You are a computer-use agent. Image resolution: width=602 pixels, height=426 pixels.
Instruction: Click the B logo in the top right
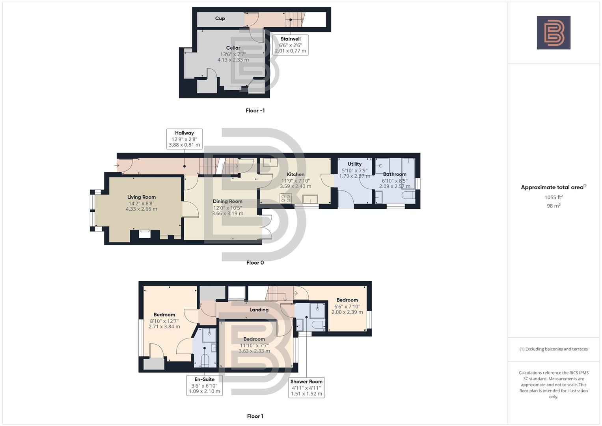click(553, 33)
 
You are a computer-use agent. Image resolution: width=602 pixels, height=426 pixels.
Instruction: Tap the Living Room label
click(141, 197)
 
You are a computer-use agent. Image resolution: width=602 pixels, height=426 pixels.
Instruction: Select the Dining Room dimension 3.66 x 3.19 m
click(227, 213)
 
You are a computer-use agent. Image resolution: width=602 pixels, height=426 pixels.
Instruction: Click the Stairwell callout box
click(290, 45)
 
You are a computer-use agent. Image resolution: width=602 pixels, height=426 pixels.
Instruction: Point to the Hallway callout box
click(184, 139)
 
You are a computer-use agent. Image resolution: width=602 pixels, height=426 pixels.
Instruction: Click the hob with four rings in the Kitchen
click(285, 198)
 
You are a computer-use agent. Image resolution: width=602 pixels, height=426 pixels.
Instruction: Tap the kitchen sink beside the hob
click(310, 198)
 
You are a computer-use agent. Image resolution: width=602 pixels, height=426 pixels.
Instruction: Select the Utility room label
click(354, 164)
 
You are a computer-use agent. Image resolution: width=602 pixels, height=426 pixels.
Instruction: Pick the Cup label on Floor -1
click(220, 18)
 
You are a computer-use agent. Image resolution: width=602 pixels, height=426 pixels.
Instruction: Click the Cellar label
click(233, 48)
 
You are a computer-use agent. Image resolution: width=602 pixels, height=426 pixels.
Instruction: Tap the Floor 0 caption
click(255, 263)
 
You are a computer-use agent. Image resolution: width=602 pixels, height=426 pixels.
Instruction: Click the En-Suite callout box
click(204, 385)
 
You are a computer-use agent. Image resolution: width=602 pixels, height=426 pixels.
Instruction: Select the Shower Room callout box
click(306, 387)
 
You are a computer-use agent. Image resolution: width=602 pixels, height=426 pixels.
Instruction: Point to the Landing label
click(259, 310)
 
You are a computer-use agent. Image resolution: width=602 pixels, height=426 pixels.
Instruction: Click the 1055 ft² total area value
click(554, 197)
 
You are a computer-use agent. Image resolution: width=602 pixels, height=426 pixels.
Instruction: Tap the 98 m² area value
click(554, 206)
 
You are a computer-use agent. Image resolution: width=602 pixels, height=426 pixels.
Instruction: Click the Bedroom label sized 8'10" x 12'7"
click(164, 314)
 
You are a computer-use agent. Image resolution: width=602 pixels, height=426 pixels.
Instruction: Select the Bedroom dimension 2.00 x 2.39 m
click(347, 312)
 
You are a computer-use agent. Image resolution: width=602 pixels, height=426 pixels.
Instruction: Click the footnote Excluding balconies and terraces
click(554, 349)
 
